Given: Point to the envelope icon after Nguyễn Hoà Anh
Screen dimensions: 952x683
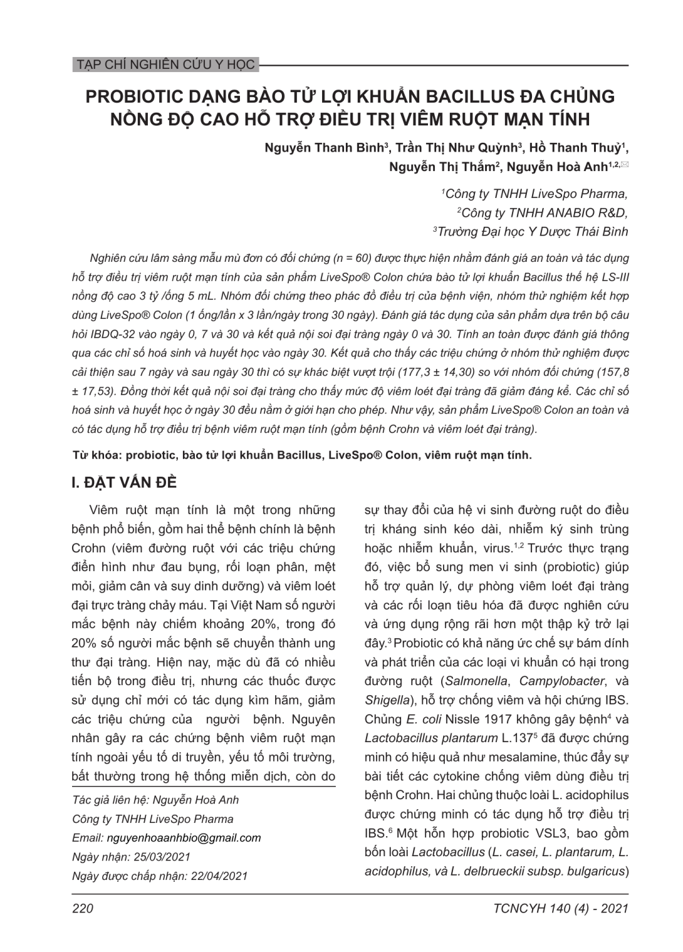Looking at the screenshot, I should pyautogui.click(x=624, y=165).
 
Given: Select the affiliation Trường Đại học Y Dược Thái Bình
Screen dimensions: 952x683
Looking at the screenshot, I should pyautogui.click(x=532, y=232).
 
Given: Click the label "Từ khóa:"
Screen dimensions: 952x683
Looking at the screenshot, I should pyautogui.click(x=96, y=455).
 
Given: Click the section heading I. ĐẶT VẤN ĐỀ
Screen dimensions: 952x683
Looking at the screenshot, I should pyautogui.click(x=125, y=483).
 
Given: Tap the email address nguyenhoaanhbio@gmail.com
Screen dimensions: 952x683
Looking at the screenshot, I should pyautogui.click(x=184, y=838).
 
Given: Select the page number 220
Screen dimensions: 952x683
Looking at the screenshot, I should pyautogui.click(x=83, y=909).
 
